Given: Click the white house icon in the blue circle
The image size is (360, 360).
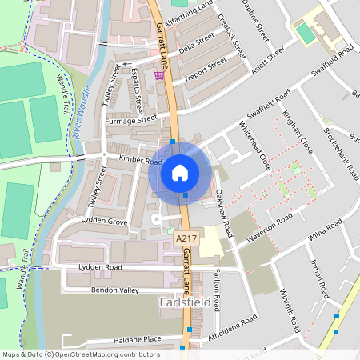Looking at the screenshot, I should point(179,172).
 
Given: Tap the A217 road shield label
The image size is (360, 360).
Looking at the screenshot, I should point(186,238).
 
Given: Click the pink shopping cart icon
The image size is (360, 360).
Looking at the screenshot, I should point(159,76).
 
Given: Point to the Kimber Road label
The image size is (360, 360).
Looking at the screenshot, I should point(141,160).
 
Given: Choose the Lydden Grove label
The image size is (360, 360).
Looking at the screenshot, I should point(105,221).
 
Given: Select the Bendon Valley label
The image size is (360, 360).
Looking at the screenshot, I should point(114,290).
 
